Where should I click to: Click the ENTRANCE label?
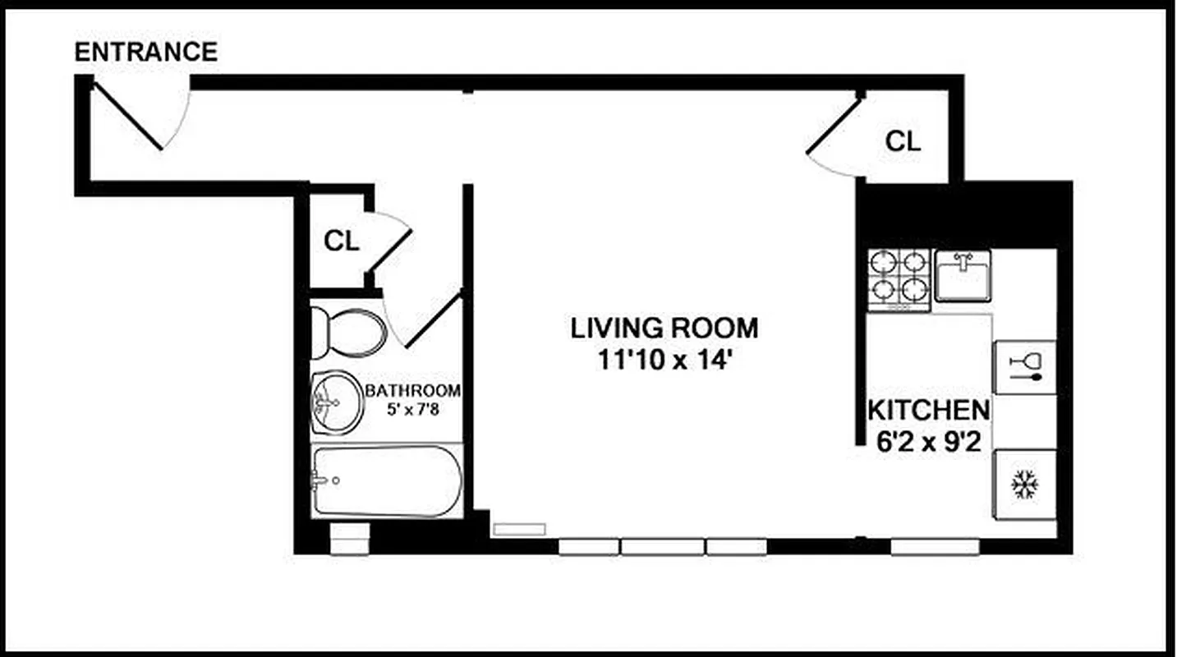[x=146, y=52]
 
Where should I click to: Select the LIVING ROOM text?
[x=664, y=328]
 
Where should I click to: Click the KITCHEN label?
[x=928, y=409]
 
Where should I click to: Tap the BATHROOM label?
[x=412, y=390]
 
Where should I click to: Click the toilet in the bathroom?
[x=349, y=333]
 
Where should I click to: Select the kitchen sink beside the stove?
[x=963, y=275]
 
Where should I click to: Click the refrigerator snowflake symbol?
[x=1024, y=485]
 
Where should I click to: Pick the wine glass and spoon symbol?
[x=1025, y=366]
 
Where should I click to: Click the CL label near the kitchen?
[x=903, y=141]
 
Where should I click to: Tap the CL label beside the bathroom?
[x=341, y=241]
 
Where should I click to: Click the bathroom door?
[x=431, y=320]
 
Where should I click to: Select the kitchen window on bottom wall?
[x=935, y=547]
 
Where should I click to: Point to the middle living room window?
[x=662, y=547]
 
